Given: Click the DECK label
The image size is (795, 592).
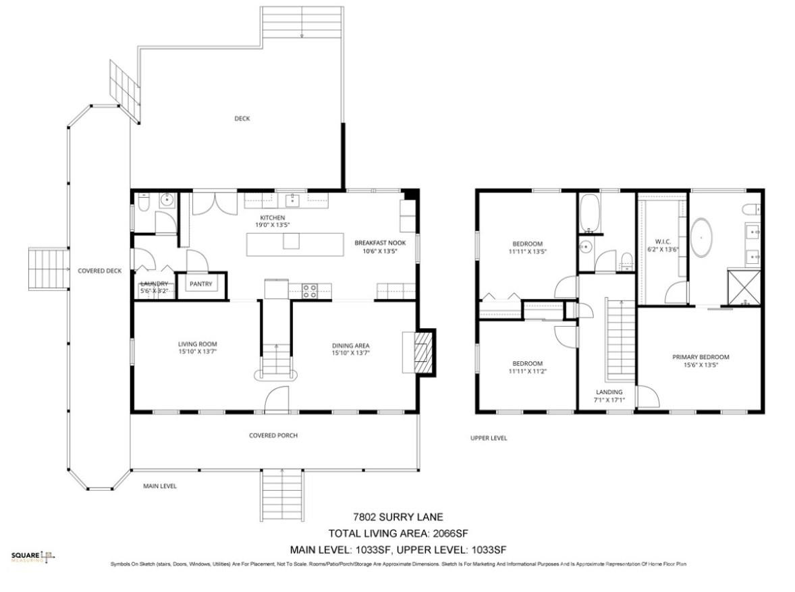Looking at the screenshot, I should [x=242, y=119].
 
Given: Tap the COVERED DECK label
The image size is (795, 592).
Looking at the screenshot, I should [x=99, y=271].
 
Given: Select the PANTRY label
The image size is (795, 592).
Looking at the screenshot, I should [x=200, y=284].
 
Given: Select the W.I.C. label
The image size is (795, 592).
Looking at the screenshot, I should [x=662, y=241].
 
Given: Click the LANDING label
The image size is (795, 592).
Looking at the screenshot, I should [x=609, y=392].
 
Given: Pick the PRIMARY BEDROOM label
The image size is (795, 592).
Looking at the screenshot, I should [x=701, y=357].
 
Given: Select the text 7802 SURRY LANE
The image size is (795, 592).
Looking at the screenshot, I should [x=398, y=518].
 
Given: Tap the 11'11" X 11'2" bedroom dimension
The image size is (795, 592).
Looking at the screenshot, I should [x=526, y=371].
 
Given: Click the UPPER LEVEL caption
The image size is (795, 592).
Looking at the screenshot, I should [x=489, y=438].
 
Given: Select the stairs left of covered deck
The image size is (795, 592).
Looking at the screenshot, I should [x=48, y=269].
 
